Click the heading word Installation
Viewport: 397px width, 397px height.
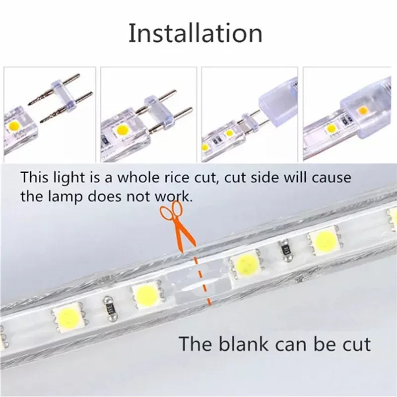[x=196, y=33]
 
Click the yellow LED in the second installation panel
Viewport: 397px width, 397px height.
[x=123, y=130]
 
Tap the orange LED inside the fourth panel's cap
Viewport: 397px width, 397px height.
[x=363, y=110]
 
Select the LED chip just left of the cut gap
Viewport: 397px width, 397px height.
[x=147, y=294]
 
